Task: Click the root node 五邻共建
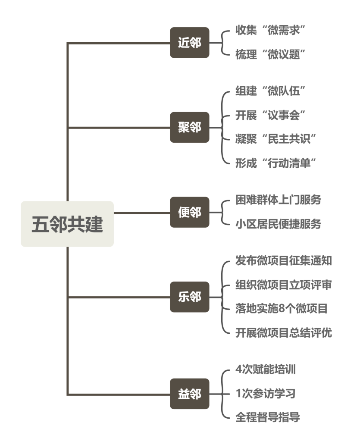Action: click(67, 224)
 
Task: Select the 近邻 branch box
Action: click(189, 43)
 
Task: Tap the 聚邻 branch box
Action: click(189, 127)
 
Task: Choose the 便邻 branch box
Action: click(189, 212)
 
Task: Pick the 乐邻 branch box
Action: click(189, 297)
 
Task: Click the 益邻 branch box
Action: click(189, 394)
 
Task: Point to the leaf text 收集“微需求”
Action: click(270, 30)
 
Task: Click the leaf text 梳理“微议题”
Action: click(270, 54)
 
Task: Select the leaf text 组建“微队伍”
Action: click(270, 91)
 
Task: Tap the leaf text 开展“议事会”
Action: click(270, 115)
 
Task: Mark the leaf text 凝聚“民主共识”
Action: click(276, 139)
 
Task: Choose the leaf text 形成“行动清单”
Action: click(276, 163)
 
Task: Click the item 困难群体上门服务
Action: click(278, 200)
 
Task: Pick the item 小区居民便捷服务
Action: click(278, 224)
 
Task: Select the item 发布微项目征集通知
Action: click(284, 260)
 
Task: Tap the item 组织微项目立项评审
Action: click(284, 285)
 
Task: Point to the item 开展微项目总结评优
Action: click(284, 333)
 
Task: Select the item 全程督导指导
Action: click(267, 417)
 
